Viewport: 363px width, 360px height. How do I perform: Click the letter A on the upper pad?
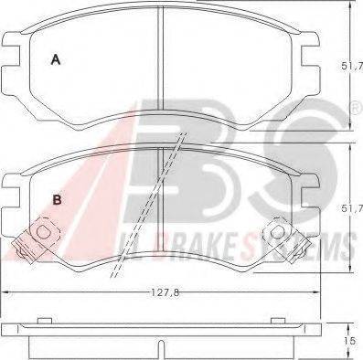tap(56, 59)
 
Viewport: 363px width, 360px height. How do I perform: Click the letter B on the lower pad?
tap(58, 200)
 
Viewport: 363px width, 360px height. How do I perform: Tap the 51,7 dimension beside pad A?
tap(352, 66)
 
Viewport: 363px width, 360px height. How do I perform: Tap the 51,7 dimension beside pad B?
tap(352, 208)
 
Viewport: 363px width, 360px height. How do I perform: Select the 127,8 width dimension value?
tap(165, 293)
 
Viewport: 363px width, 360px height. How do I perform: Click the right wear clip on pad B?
tap(286, 239)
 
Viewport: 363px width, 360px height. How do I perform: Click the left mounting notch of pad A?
tap(12, 56)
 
